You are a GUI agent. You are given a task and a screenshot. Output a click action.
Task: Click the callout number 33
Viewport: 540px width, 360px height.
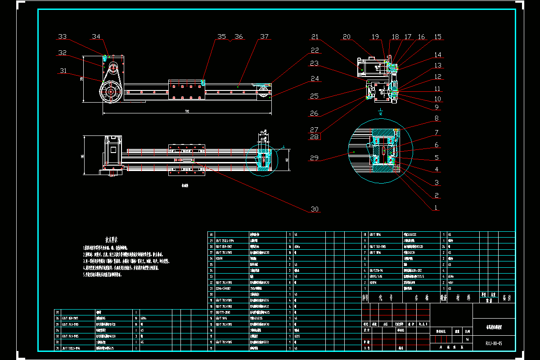coord(63,36)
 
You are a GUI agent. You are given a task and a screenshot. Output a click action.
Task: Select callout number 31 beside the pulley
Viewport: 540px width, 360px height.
coord(63,70)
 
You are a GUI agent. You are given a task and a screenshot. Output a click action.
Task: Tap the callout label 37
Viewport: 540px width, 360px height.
coord(264,36)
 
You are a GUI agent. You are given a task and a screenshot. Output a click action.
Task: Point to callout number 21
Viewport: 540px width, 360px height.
coord(315,36)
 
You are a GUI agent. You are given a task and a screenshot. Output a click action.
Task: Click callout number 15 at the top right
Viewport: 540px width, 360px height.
coord(437,36)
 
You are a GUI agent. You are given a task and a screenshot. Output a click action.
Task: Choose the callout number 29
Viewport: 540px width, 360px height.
coord(315,157)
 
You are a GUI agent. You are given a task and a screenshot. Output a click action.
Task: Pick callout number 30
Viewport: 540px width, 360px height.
coord(315,209)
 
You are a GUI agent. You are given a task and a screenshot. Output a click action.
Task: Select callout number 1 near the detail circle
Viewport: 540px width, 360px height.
coord(436,208)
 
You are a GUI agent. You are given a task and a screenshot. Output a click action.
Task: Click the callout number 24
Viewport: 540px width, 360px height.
coord(315,79)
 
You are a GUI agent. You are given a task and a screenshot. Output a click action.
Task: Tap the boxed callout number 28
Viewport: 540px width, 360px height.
coord(315,136)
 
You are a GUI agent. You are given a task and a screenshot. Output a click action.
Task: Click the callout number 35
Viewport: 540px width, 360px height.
coord(222,36)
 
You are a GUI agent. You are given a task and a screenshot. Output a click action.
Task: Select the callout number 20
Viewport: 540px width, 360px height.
coord(346,36)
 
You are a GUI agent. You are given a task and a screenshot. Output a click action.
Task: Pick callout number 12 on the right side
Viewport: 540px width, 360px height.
coord(437,76)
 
